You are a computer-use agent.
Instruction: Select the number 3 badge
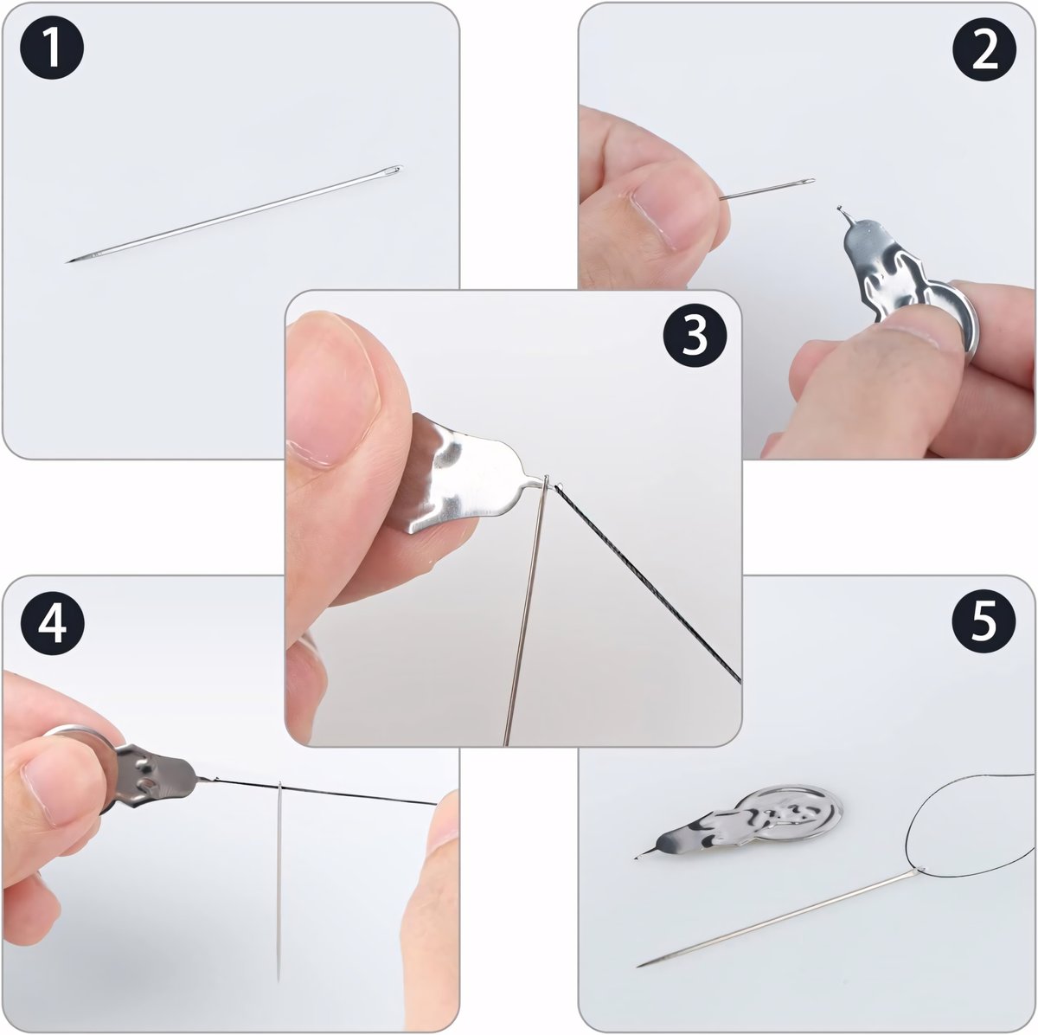[695, 335]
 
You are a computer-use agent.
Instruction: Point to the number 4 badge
[52, 624]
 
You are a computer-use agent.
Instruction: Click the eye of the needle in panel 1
[394, 170]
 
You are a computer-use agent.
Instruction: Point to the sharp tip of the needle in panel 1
[67, 262]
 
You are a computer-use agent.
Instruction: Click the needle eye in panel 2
[806, 181]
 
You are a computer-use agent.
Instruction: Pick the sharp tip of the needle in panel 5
[639, 966]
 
